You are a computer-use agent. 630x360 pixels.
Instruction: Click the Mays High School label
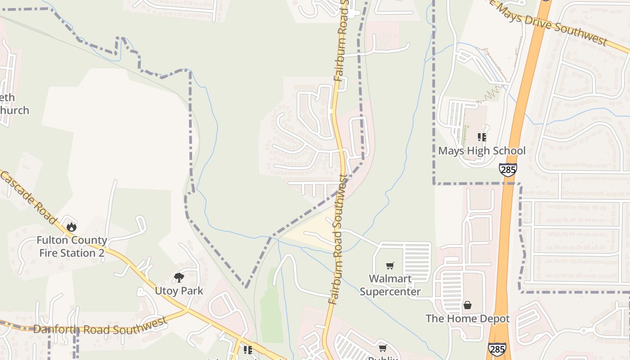point(481,151)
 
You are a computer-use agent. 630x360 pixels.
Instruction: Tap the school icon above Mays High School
point(482,137)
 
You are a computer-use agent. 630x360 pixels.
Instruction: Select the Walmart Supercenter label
point(390,285)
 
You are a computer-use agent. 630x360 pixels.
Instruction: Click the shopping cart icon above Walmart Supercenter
point(390,266)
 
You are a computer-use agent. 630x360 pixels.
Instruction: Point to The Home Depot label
point(468,319)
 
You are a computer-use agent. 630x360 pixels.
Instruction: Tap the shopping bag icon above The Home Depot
point(468,305)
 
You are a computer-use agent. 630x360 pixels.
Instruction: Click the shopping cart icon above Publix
point(382,348)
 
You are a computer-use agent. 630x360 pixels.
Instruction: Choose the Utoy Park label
point(179,291)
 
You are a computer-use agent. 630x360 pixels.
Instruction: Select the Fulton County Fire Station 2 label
point(72,247)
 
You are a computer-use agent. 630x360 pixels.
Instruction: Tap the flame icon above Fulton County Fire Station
point(71,227)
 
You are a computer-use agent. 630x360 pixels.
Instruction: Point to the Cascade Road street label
point(28,196)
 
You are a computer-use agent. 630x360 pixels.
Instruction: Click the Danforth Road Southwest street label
point(100,327)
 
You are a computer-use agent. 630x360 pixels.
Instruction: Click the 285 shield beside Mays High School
point(508,170)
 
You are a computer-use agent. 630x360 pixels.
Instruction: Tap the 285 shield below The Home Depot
point(496,349)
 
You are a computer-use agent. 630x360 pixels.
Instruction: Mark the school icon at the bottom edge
point(247,350)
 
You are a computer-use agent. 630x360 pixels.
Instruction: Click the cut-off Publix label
point(383,358)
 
